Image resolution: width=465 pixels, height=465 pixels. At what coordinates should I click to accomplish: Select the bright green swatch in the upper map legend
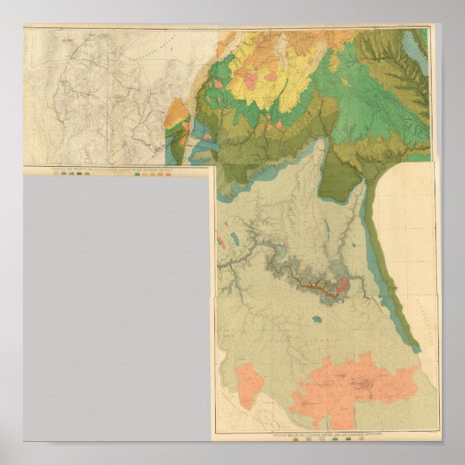79,175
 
